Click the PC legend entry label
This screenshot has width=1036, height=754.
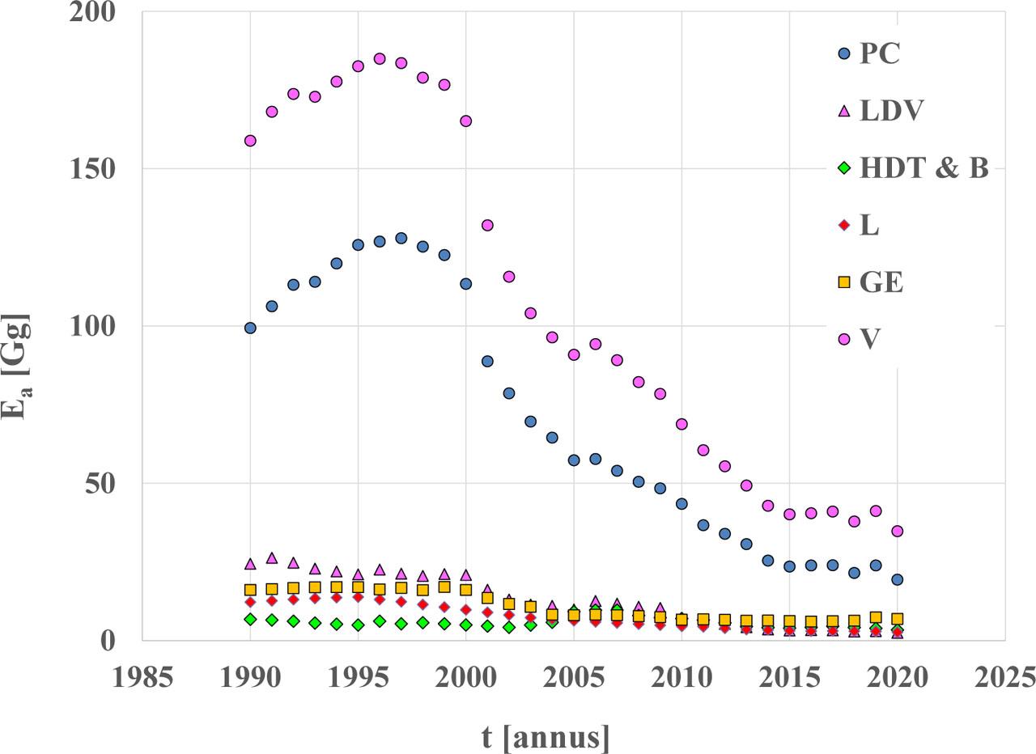879,54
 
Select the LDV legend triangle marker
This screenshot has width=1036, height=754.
844,111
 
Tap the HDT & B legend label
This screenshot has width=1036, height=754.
923,168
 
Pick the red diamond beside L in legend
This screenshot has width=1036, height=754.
844,226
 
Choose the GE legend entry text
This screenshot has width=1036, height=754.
881,282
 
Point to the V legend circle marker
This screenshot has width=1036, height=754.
844,339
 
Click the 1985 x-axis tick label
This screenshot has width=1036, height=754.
142,676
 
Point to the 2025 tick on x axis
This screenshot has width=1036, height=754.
1004,676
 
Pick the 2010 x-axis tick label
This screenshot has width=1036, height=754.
681,676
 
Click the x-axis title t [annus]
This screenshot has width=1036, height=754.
546,737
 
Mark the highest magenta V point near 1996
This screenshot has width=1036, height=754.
380,59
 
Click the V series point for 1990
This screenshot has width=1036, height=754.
250,141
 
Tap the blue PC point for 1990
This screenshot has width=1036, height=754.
250,328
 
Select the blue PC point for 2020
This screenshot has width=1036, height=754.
897,579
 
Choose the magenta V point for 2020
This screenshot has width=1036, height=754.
897,532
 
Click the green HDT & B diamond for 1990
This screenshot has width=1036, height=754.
250,619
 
